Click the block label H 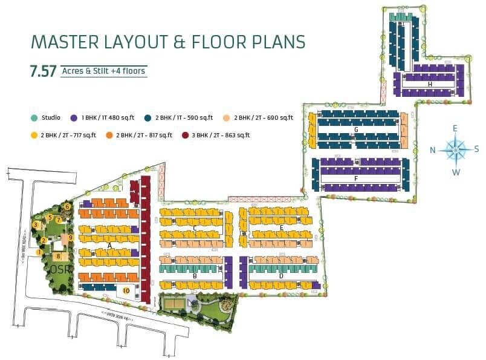click(x=430, y=85)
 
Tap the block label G click(x=357, y=129)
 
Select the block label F click(x=357, y=179)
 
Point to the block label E click(x=282, y=227)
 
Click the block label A click(x=109, y=246)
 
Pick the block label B click(x=195, y=276)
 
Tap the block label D click(x=281, y=276)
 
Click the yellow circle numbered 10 click(x=126, y=290)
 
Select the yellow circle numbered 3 click(x=36, y=225)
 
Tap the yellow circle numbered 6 click(x=67, y=207)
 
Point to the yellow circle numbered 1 click(x=39, y=252)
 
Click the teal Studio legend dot click(x=34, y=117)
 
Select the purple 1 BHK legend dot click(x=74, y=117)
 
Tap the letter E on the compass click(x=455, y=128)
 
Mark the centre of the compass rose click(x=456, y=150)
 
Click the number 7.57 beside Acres click(x=43, y=71)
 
